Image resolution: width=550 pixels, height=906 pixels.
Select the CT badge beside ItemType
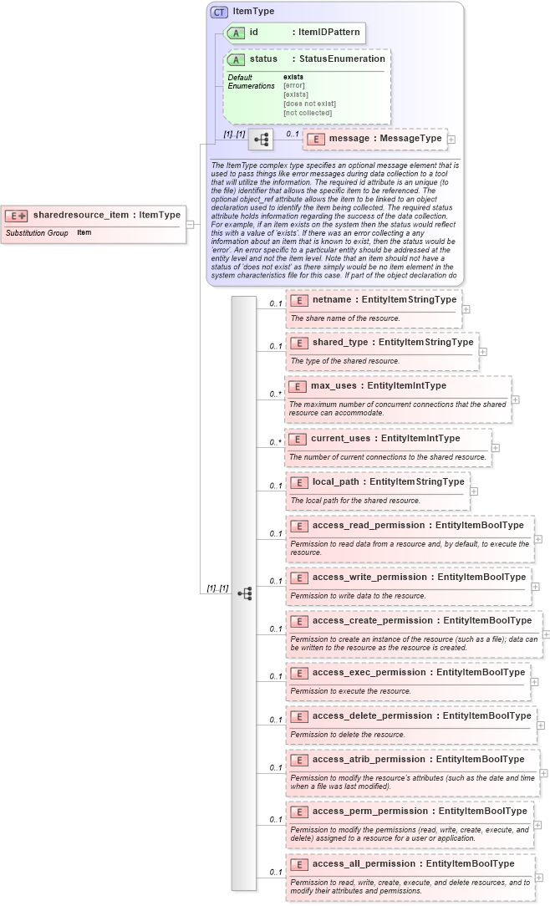(219, 12)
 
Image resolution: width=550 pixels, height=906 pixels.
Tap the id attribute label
(253, 32)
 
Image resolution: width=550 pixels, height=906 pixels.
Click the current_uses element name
(341, 438)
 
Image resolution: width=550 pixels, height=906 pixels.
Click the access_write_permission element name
(369, 577)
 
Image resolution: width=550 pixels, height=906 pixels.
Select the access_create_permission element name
(373, 620)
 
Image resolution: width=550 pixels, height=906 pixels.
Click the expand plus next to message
(451, 140)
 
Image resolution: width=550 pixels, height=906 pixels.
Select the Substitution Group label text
(37, 232)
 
